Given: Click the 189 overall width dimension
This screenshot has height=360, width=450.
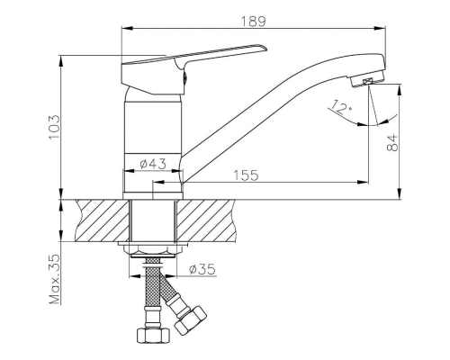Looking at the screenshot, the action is pyautogui.click(x=254, y=22).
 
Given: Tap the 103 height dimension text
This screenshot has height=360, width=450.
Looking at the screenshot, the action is pyautogui.click(x=54, y=127).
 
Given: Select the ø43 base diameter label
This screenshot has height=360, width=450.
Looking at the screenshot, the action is pyautogui.click(x=153, y=164).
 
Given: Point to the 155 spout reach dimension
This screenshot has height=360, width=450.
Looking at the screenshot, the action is pyautogui.click(x=246, y=175).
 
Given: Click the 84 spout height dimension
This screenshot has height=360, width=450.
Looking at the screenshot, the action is pyautogui.click(x=392, y=143).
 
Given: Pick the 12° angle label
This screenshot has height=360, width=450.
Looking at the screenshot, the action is pyautogui.click(x=340, y=107).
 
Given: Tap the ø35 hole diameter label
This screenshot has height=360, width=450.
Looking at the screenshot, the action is pyautogui.click(x=202, y=269).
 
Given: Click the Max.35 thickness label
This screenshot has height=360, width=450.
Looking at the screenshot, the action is pyautogui.click(x=55, y=279).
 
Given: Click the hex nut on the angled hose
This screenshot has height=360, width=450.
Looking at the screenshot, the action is pyautogui.click(x=191, y=320).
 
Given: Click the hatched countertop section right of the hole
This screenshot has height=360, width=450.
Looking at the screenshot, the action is pyautogui.click(x=205, y=220).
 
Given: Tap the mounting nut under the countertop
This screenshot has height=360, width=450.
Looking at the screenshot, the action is pyautogui.click(x=153, y=248).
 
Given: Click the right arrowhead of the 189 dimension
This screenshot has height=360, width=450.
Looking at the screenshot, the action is pyautogui.click(x=380, y=29).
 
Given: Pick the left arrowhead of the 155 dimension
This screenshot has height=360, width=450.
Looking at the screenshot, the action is pyautogui.click(x=158, y=182).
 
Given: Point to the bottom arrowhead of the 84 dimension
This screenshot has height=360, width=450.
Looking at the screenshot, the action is pyautogui.click(x=400, y=193).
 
